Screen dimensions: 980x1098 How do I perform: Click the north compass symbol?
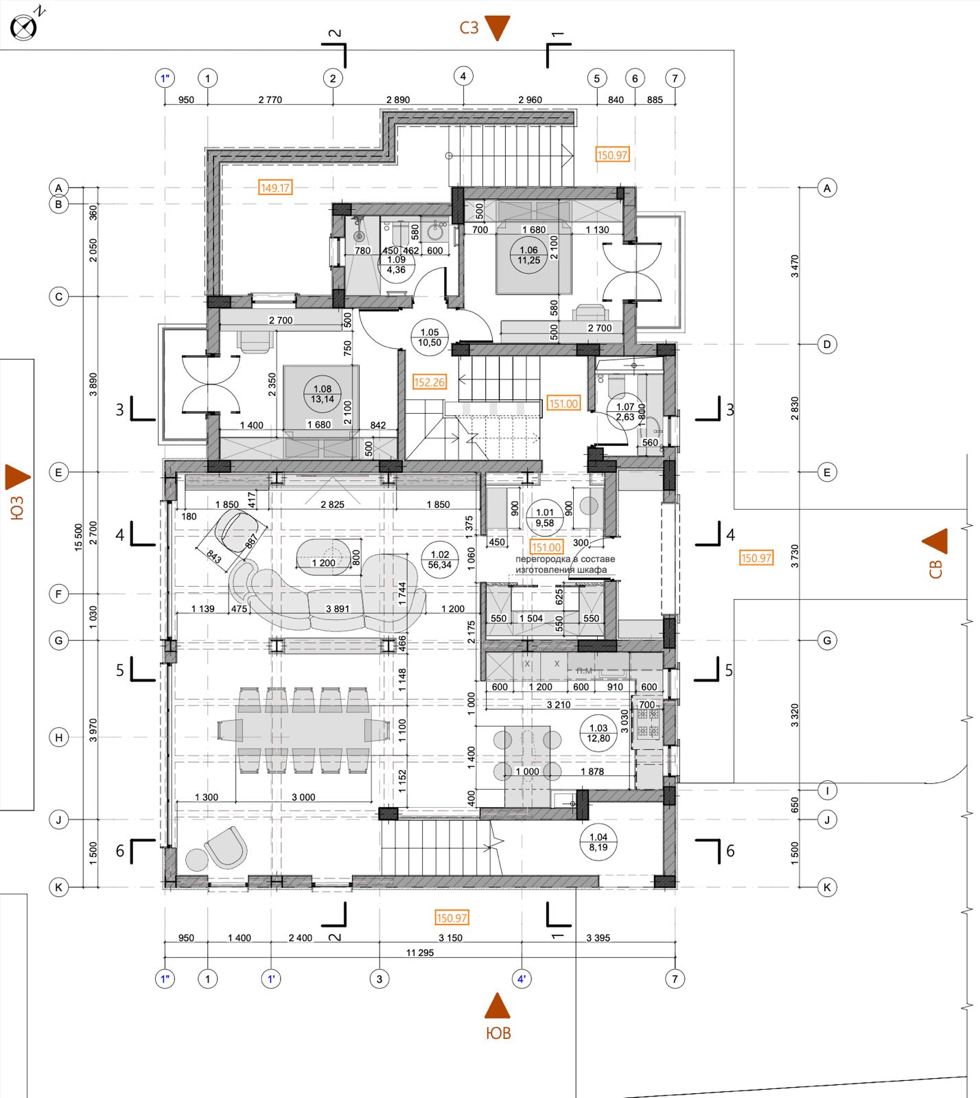pos(23,27)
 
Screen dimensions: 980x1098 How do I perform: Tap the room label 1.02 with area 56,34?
pos(440,560)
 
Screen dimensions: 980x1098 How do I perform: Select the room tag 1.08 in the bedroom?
pos(323,394)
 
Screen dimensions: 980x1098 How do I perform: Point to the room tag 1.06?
pos(528,255)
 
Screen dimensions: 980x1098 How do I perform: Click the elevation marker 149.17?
pos(275,187)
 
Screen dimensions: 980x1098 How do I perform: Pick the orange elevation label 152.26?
pos(430,382)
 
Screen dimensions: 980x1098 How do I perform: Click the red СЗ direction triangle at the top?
pos(498,28)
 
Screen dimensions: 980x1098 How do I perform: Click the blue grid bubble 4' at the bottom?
pos(522,979)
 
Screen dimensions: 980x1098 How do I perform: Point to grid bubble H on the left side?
pos(59,738)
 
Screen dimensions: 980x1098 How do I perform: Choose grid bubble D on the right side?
pos(827,344)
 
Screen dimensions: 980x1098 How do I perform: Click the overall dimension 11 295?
pos(420,953)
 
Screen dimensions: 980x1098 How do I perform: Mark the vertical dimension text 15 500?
pos(78,537)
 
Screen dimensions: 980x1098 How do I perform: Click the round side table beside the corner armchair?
pos(197,860)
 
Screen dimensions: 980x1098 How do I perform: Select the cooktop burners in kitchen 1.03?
pos(648,723)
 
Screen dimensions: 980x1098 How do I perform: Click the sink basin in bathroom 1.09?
pos(435,233)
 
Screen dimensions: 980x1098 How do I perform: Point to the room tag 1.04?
pos(598,842)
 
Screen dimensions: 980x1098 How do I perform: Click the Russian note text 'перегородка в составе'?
pos(565,559)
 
